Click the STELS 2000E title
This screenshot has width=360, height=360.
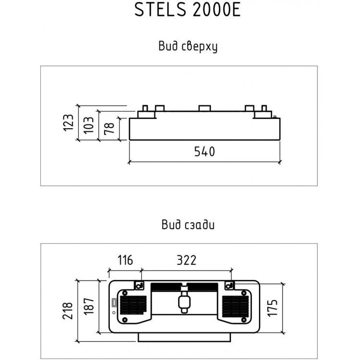click(x=187, y=10)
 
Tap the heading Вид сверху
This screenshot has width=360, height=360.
click(x=188, y=46)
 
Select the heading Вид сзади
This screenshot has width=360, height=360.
click(x=188, y=224)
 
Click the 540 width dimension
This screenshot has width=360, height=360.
click(x=204, y=152)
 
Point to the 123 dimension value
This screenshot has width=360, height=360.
click(x=68, y=122)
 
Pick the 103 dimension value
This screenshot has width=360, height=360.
click(x=88, y=125)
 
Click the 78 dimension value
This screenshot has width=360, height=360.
click(x=109, y=129)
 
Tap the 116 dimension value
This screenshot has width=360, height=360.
click(x=125, y=260)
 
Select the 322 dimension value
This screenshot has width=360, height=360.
click(x=186, y=260)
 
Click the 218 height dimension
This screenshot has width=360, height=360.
click(x=68, y=311)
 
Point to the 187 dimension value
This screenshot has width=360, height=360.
click(x=89, y=306)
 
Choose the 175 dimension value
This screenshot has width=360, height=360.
click(x=273, y=308)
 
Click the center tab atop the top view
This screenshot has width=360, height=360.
click(x=204, y=108)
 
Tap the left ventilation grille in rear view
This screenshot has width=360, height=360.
click(x=133, y=305)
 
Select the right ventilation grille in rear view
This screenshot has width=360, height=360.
click(x=235, y=306)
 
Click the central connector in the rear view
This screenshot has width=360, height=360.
click(x=184, y=302)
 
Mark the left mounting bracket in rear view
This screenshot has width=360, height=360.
click(x=139, y=286)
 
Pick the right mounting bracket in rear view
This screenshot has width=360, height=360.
click(x=229, y=286)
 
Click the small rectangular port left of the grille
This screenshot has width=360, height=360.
click(x=114, y=303)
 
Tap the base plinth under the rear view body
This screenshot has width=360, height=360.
click(x=184, y=337)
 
